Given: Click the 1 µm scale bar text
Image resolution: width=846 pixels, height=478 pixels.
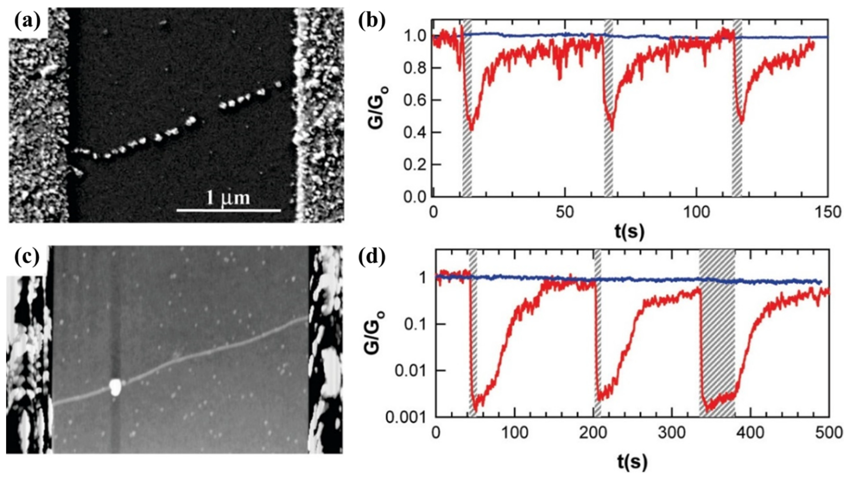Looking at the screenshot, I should (228, 198).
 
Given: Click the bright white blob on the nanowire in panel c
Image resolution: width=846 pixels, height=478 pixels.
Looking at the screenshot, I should (115, 387).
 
